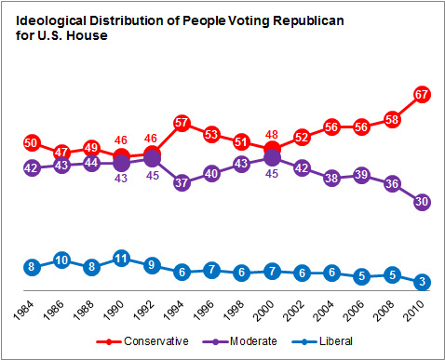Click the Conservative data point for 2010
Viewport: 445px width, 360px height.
(x=423, y=94)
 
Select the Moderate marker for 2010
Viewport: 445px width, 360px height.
(x=423, y=202)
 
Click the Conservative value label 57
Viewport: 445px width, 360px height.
(x=182, y=123)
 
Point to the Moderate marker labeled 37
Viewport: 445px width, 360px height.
(x=182, y=183)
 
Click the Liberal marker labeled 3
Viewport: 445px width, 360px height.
(x=423, y=281)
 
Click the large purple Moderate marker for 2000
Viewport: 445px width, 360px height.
(x=273, y=158)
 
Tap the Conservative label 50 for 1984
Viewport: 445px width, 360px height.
(x=33, y=142)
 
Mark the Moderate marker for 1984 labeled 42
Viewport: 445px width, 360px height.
(x=33, y=168)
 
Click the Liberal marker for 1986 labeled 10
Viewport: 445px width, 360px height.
(x=62, y=260)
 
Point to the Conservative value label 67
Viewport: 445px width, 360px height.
(x=423, y=94)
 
